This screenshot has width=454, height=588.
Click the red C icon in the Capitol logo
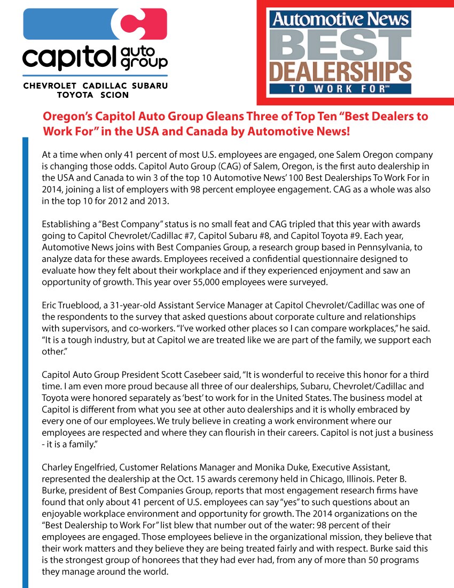pos(142,24)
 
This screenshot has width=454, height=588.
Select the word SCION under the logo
pos(114,95)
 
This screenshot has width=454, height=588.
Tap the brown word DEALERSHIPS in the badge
pos(341,71)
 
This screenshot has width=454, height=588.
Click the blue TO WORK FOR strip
pos(341,89)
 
